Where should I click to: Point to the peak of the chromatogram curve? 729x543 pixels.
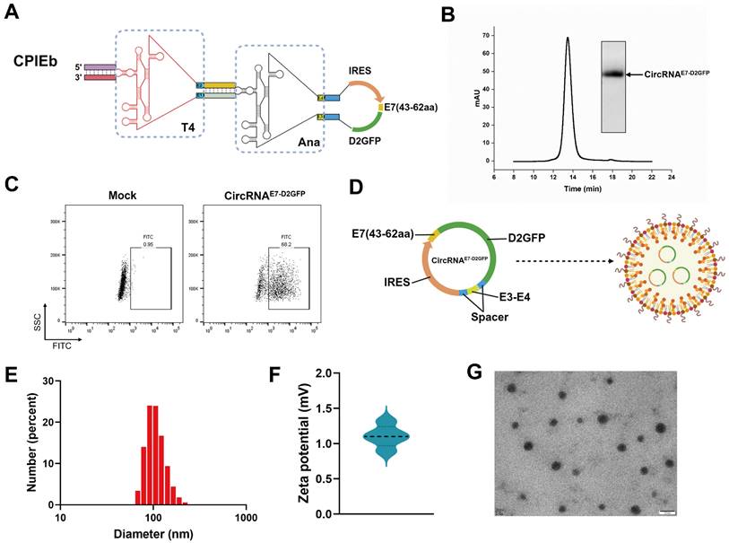click(x=568, y=39)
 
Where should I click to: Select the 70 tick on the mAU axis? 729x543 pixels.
click(x=487, y=35)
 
